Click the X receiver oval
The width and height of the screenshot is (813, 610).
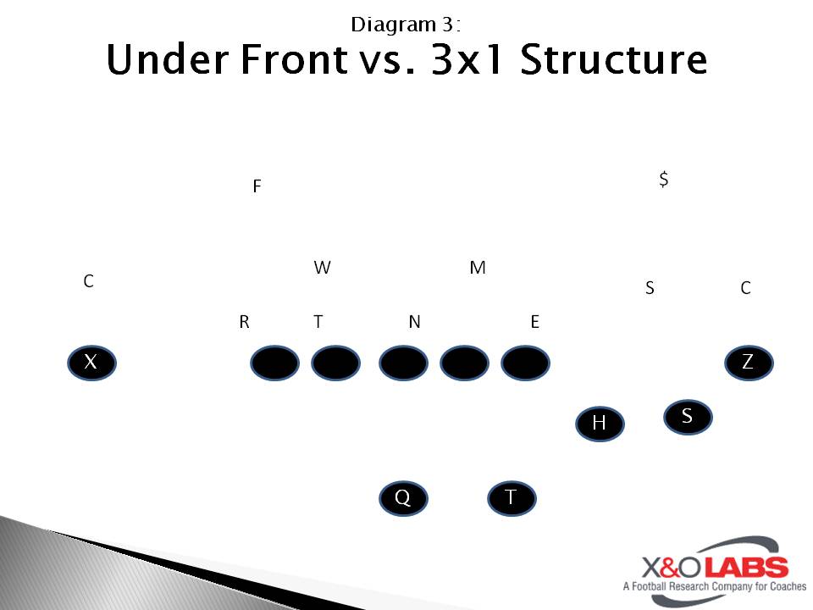(91, 363)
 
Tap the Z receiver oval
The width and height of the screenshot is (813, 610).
(749, 363)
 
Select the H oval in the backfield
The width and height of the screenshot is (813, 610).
(600, 424)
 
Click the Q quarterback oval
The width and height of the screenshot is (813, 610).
(403, 498)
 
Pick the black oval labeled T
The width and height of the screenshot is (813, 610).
(512, 498)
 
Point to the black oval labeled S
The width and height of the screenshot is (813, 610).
(688, 417)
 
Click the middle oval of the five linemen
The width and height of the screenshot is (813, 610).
(403, 363)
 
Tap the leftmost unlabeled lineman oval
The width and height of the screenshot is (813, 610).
(274, 363)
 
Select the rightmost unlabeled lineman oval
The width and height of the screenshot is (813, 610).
(525, 363)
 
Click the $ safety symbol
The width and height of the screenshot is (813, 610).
(664, 179)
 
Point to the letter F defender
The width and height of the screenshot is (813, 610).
(257, 186)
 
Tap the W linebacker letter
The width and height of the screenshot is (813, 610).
(322, 267)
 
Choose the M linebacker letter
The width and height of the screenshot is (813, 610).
(478, 267)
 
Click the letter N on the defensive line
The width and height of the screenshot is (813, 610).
(414, 322)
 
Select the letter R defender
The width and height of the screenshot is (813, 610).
(244, 322)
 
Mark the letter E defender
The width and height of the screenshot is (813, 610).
(535, 322)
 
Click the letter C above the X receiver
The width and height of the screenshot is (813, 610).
(89, 281)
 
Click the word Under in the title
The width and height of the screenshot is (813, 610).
(168, 59)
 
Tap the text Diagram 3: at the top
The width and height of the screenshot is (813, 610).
(406, 25)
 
